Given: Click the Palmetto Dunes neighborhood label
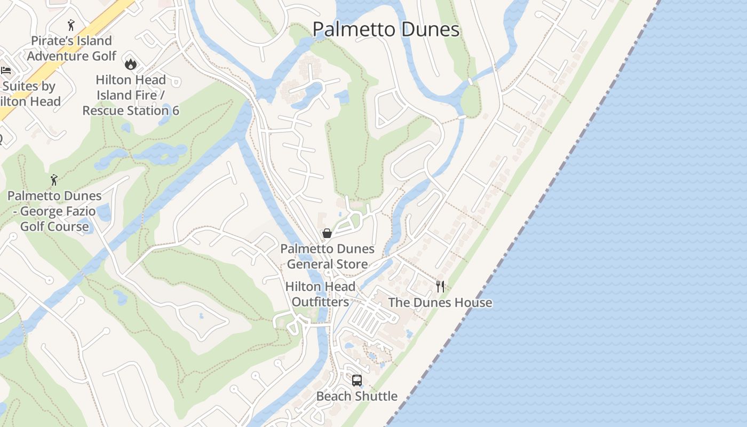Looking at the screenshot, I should [385, 29].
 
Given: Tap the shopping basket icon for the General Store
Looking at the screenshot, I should [327, 233].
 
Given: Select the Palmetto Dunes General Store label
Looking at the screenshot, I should [327, 256].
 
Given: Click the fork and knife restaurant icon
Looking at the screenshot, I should [440, 287].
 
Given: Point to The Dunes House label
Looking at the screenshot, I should [440, 303].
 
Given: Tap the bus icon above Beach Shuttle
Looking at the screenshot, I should [357, 381].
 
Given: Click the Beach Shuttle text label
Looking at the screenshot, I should [357, 396].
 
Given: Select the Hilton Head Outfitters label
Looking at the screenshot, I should [320, 294].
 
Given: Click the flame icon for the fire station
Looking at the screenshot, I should [130, 64].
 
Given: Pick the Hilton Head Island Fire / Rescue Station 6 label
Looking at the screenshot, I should [131, 95].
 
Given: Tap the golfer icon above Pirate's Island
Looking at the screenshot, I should [71, 25].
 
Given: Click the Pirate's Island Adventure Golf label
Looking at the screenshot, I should [71, 48].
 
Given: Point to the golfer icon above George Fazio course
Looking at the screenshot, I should [54, 180].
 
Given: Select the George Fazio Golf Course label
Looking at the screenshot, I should [54, 211].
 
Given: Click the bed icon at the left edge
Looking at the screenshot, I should [6, 70].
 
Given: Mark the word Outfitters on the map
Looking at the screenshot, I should [320, 302].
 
